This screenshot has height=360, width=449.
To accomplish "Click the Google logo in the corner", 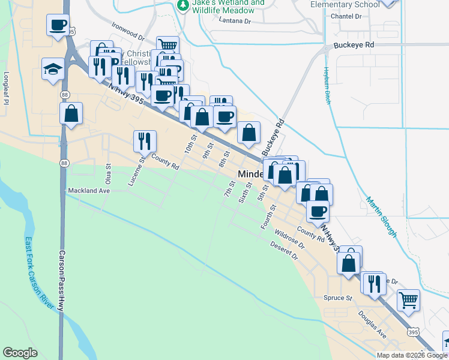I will [x=20, y=352].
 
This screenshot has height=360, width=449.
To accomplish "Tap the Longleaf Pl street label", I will [x=7, y=87].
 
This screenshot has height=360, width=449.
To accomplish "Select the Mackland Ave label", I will [x=88, y=190].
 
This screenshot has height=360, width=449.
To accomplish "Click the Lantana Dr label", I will [x=235, y=21].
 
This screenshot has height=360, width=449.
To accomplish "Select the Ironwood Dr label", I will [x=128, y=32].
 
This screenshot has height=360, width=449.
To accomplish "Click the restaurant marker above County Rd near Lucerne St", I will [x=145, y=142].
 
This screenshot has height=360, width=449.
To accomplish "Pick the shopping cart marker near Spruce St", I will [x=408, y=300].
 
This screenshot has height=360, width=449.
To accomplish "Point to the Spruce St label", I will [x=337, y=298].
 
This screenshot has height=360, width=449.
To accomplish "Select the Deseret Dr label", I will [x=284, y=251].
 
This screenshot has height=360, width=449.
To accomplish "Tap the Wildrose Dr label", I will [x=290, y=237].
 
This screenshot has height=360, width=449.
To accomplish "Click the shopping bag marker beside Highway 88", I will [x=71, y=113].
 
